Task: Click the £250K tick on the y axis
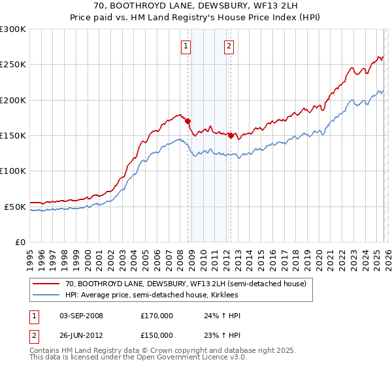(13, 65)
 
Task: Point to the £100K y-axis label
(13, 171)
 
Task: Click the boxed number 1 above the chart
(186, 46)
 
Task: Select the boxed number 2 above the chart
(229, 46)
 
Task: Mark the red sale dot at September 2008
(188, 121)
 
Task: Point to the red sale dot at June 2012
(231, 135)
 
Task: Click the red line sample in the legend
(46, 284)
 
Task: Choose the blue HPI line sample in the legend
(46, 295)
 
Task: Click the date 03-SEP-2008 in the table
(81, 316)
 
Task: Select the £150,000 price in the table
(157, 335)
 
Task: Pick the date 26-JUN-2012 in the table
(81, 335)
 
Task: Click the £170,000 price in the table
(157, 316)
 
